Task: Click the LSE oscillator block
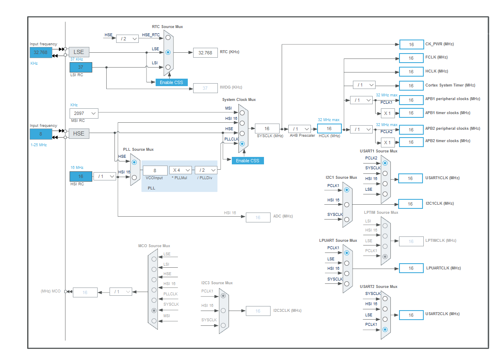(79, 52)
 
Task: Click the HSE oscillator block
(79, 133)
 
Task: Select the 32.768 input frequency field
(41, 52)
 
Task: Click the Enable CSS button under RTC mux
(171, 82)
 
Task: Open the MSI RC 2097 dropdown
(84, 113)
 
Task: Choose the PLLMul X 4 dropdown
(180, 170)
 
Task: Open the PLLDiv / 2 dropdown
(206, 170)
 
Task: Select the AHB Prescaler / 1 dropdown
(299, 129)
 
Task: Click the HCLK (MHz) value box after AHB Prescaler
(329, 129)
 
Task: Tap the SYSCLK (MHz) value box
(267, 129)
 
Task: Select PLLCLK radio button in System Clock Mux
(242, 144)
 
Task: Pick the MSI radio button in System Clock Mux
(242, 112)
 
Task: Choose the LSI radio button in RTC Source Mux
(168, 67)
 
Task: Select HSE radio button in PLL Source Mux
(134, 162)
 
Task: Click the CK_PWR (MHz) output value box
(411, 44)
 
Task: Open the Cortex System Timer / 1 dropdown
(364, 85)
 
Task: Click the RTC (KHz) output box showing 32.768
(205, 53)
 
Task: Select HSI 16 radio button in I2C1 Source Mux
(347, 204)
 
